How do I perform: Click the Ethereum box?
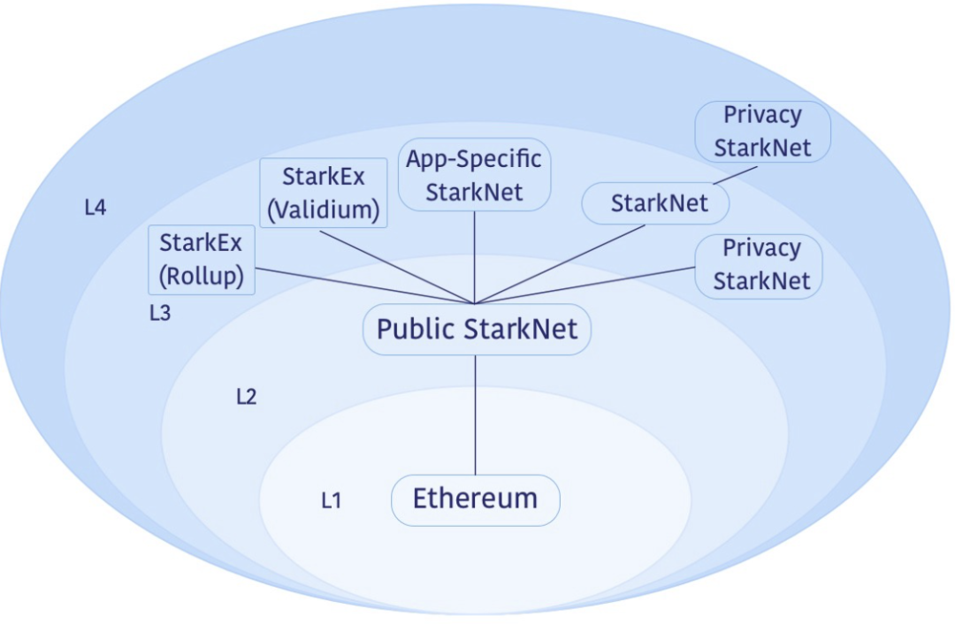click(476, 499)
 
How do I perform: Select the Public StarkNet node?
click(476, 331)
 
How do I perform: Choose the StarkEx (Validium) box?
click(324, 193)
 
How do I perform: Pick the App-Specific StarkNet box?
click(475, 175)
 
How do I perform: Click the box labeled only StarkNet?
click(656, 204)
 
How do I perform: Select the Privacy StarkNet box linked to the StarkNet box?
click(762, 131)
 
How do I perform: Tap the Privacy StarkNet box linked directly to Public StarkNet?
click(759, 264)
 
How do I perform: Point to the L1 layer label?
click(331, 501)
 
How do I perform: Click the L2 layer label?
click(246, 397)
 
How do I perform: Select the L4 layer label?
click(95, 209)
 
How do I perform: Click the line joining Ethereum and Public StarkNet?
click(476, 415)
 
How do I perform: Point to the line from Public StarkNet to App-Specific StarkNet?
click(476, 256)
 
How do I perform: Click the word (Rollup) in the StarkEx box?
click(202, 276)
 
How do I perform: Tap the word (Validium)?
click(324, 210)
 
